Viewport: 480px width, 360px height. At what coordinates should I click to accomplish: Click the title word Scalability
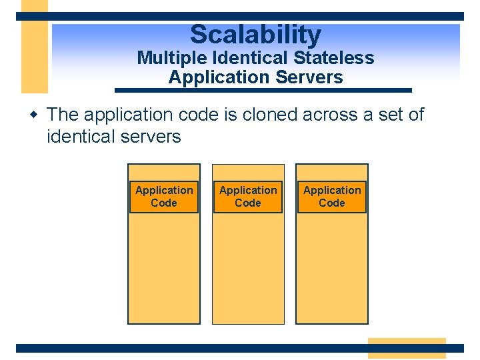point(255,35)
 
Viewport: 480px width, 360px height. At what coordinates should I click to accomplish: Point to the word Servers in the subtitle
point(308,77)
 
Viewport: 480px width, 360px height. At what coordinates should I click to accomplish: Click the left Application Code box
point(164,197)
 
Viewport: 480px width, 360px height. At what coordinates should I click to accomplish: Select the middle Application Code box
point(248,197)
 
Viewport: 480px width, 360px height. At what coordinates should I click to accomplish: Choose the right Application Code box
point(332,197)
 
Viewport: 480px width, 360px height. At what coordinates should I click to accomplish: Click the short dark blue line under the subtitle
point(263,90)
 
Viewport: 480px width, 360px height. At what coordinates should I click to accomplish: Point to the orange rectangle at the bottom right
point(407,348)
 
